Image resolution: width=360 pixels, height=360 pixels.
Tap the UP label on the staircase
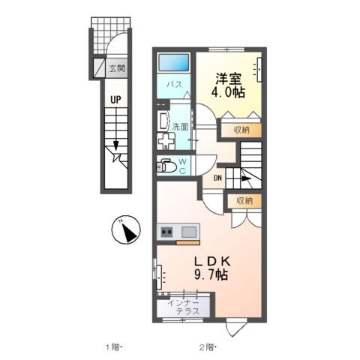coord(116,98)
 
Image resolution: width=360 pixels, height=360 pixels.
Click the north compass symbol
coord(127,229)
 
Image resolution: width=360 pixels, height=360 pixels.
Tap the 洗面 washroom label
coord(180,127)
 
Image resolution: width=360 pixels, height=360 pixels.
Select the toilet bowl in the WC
coord(166,166)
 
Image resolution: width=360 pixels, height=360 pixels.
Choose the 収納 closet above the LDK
coord(244,200)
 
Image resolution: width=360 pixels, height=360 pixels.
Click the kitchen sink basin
coord(189,231)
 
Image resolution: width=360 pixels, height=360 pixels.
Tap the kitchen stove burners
coord(166,232)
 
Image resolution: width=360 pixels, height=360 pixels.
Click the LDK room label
coord(212,260)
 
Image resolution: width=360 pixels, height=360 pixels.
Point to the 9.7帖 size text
coord(212,275)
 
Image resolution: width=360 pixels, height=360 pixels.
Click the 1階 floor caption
coord(113,346)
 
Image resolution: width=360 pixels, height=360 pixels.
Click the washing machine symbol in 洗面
coord(164,142)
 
